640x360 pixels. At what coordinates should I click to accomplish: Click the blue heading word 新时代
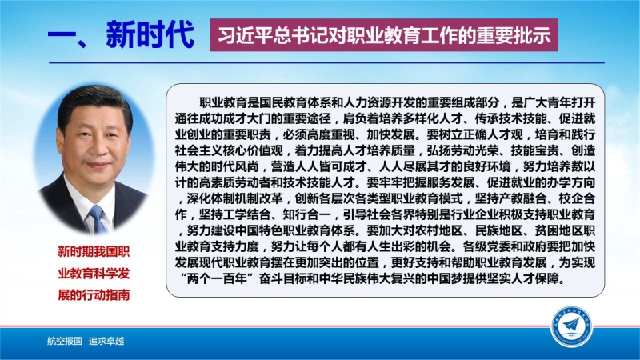(150, 34)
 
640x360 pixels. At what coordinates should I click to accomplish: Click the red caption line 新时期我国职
(94, 251)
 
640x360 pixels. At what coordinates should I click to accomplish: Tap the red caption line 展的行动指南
(94, 294)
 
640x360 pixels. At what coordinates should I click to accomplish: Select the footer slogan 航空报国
(65, 341)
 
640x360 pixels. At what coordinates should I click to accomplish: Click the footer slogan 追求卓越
(106, 341)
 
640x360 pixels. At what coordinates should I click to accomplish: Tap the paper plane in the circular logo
(571, 326)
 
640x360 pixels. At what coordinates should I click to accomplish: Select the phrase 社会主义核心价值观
(229, 150)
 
